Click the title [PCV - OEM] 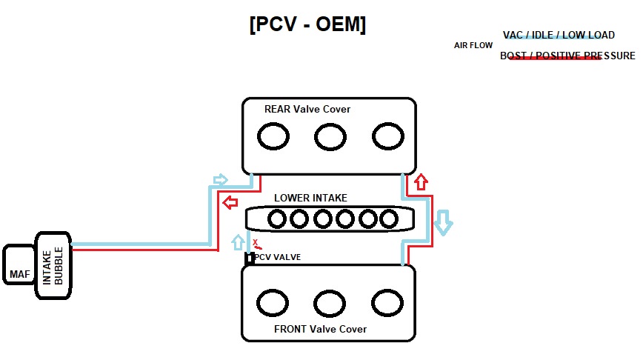pyautogui.click(x=307, y=24)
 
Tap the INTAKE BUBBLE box pyautogui.click(x=54, y=264)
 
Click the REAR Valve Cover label pyautogui.click(x=307, y=110)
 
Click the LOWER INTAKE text pyautogui.click(x=310, y=199)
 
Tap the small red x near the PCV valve pyautogui.click(x=256, y=242)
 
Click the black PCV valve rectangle pyautogui.click(x=250, y=259)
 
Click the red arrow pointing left pyautogui.click(x=230, y=201)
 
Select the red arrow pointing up pyautogui.click(x=421, y=181)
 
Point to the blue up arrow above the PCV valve pyautogui.click(x=238, y=241)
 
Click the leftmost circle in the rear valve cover pyautogui.click(x=272, y=136)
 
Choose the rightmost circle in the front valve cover pyautogui.click(x=387, y=302)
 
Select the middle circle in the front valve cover pyautogui.click(x=330, y=302)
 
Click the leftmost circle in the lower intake pyautogui.click(x=277, y=219)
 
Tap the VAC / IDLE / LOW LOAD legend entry pyautogui.click(x=559, y=36)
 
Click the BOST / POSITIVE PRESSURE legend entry pyautogui.click(x=567, y=56)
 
